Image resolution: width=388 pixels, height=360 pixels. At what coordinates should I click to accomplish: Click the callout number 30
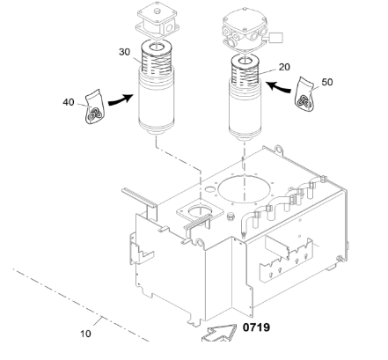(x=124, y=52)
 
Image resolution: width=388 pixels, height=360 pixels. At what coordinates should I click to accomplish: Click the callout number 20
(x=284, y=67)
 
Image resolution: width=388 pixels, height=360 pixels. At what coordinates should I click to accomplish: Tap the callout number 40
(x=69, y=102)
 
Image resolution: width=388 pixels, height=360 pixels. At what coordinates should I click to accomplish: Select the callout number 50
(x=327, y=82)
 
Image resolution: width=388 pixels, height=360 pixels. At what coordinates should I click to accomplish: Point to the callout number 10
(x=85, y=334)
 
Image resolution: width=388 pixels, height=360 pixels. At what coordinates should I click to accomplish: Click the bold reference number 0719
(x=256, y=327)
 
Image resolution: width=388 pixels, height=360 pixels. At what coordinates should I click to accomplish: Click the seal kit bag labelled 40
(x=94, y=107)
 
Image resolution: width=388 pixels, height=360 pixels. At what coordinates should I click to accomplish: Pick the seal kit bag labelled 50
(x=305, y=94)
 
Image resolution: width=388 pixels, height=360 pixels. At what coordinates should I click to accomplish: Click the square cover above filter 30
(x=157, y=20)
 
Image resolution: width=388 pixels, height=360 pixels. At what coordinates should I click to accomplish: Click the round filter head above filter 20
(x=245, y=31)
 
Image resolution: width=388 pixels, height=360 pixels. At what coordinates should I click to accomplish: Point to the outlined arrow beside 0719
(x=219, y=334)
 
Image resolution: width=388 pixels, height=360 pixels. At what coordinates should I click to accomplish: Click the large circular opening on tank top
(x=245, y=189)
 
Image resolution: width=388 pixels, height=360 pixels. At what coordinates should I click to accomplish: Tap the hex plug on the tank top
(x=231, y=217)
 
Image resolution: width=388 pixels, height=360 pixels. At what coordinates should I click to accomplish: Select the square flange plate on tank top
(x=200, y=211)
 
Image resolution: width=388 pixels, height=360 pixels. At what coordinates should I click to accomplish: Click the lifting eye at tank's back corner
(x=279, y=150)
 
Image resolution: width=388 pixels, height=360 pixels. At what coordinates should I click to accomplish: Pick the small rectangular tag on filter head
(x=275, y=38)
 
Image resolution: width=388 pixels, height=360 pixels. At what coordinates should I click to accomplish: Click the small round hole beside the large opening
(x=209, y=188)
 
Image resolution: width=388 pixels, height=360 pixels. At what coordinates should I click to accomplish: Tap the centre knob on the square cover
(x=157, y=11)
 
